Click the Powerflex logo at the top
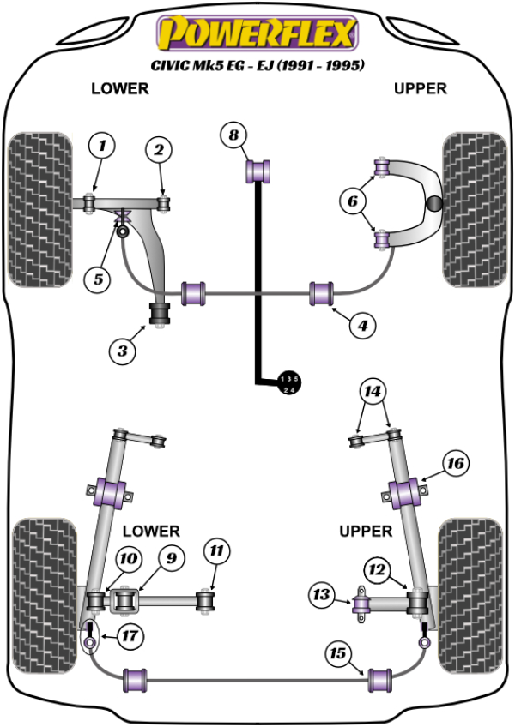click(x=256, y=34)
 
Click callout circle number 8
click(x=233, y=135)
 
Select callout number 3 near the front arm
click(x=122, y=350)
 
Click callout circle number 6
click(x=353, y=202)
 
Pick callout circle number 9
click(x=171, y=559)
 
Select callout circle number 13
click(x=323, y=594)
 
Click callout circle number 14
click(x=373, y=392)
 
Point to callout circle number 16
click(x=455, y=464)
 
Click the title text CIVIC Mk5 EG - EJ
click(x=256, y=65)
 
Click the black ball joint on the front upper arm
click(x=435, y=204)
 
